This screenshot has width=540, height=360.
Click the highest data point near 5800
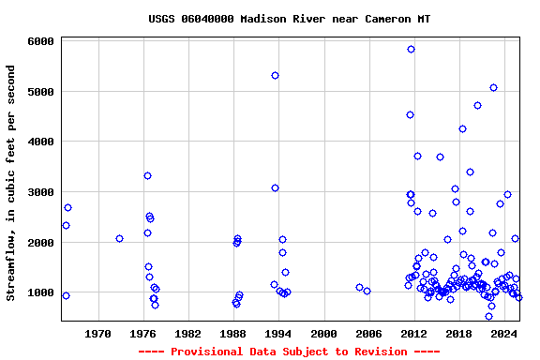[411, 49]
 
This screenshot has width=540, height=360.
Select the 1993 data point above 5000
[275, 75]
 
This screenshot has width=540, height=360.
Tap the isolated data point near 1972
[119, 238]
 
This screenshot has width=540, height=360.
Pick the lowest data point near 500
[488, 316]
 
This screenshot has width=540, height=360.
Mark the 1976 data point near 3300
[147, 175]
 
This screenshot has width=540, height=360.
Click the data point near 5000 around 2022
[493, 87]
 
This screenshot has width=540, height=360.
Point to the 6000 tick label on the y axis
[39, 42]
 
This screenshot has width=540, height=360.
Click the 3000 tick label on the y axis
[39, 192]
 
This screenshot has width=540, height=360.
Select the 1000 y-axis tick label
[39, 292]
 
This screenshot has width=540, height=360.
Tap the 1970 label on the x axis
[97, 334]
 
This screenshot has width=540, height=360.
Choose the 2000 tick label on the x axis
[323, 334]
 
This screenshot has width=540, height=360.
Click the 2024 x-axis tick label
[504, 334]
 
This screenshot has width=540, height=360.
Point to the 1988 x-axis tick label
[233, 334]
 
